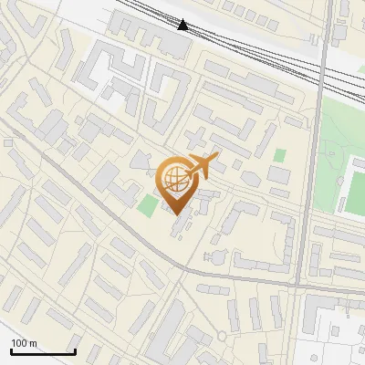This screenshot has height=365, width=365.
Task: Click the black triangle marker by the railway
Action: pos(183,25)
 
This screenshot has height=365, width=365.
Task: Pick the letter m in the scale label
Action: pos(34,344)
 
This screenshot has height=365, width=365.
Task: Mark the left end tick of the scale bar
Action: pos(12,350)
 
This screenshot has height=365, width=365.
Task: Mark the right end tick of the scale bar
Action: pos(75,350)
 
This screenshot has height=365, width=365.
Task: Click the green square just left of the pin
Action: pos(148,205)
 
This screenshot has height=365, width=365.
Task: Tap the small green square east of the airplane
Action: pos(279,155)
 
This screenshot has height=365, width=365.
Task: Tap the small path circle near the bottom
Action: pos(223,336)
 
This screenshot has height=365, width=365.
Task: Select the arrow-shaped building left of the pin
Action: pos(139,162)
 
